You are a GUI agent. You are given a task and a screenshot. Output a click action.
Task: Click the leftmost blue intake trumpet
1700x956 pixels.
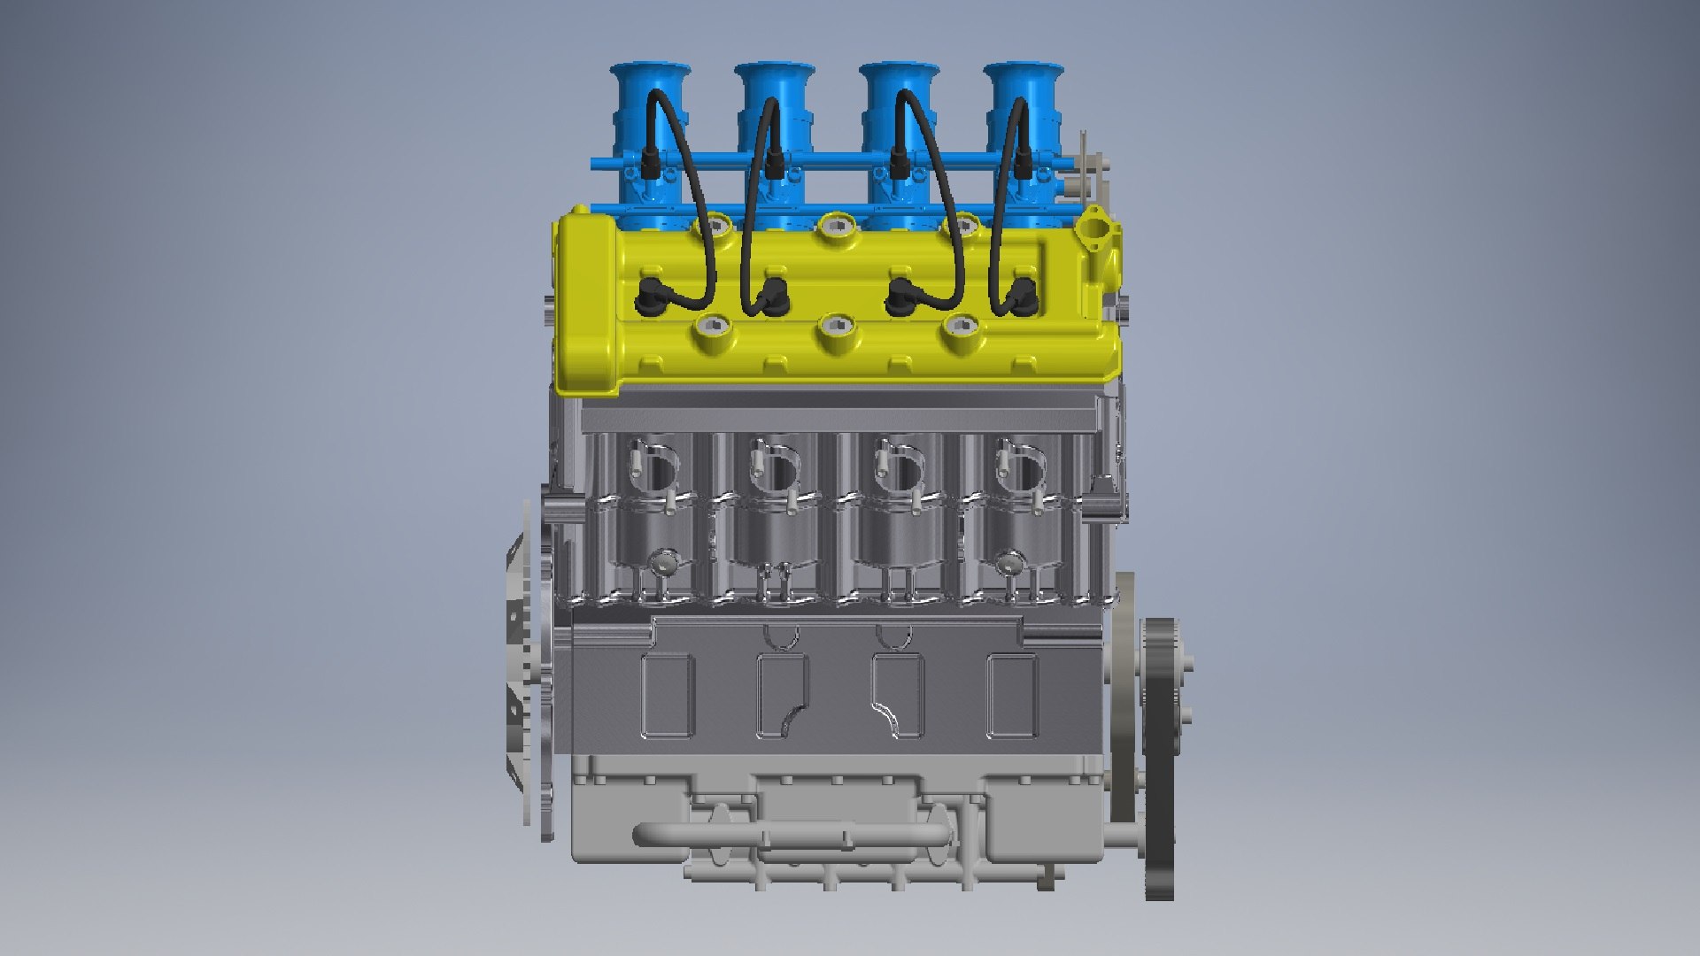[x=650, y=97]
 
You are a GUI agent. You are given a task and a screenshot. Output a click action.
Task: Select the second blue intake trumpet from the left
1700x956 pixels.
[x=774, y=97]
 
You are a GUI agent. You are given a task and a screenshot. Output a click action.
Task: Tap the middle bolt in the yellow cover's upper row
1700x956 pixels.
[x=837, y=227]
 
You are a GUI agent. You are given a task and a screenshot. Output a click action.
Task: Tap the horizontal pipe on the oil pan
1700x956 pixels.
[x=788, y=834]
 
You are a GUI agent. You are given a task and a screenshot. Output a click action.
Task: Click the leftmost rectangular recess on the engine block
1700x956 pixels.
[x=667, y=696]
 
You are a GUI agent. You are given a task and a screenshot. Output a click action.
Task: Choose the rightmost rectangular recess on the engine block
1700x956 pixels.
[x=1012, y=696]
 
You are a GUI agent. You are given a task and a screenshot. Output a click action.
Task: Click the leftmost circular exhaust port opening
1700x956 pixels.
[x=656, y=468]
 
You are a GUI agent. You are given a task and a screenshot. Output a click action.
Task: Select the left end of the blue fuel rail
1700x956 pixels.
[x=599, y=165]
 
